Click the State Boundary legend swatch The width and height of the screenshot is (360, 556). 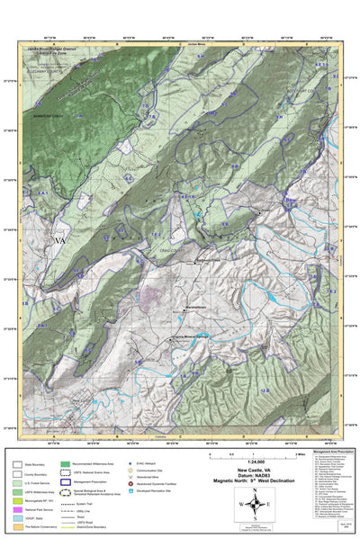coord(17,464)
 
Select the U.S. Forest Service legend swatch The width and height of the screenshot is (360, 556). coord(17,483)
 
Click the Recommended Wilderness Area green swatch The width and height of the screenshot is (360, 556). coord(66,464)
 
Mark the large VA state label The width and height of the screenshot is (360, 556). coord(60,241)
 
